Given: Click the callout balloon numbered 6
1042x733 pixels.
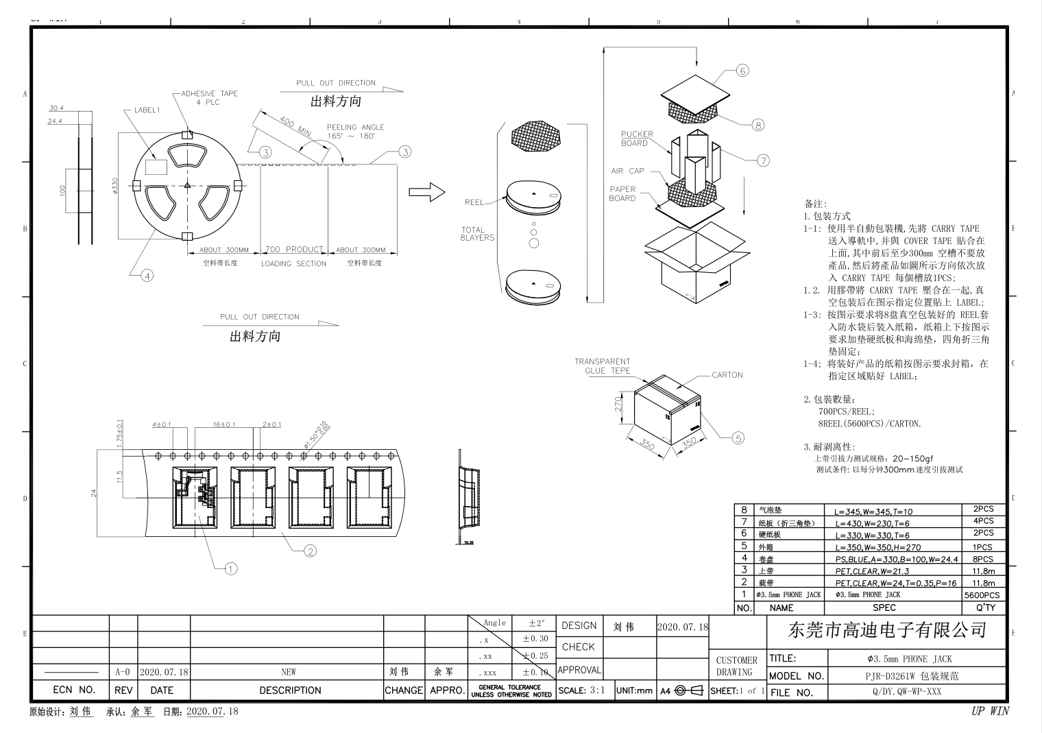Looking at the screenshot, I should [x=742, y=71].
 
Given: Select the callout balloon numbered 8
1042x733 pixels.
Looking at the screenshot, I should [x=758, y=125].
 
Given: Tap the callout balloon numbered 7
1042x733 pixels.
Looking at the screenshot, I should [x=763, y=160].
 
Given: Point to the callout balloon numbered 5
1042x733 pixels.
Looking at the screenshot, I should [x=738, y=438].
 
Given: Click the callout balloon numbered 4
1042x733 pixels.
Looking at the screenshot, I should [x=147, y=276].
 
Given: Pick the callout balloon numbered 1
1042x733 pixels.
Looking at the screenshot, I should [x=231, y=568].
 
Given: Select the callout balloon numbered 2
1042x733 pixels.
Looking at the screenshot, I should [x=310, y=551].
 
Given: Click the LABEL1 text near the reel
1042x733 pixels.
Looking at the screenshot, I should [x=147, y=110].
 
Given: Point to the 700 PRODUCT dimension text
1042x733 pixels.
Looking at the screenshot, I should [x=293, y=250].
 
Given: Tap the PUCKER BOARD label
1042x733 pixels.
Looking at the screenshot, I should [x=637, y=139].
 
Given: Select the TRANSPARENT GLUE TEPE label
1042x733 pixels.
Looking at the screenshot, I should [x=602, y=366].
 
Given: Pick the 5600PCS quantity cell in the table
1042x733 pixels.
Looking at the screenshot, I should [x=982, y=595].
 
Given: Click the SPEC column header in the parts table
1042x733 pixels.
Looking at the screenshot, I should [x=884, y=608].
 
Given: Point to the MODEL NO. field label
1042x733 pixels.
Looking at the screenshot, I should [x=796, y=676].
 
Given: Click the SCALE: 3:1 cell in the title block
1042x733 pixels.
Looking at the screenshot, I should [x=581, y=690].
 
